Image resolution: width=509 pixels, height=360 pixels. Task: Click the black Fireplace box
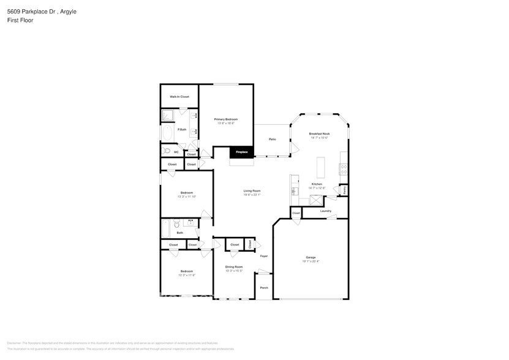[242, 152]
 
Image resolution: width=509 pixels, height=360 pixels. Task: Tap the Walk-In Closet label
[179, 97]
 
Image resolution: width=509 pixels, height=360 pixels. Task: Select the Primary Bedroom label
[225, 119]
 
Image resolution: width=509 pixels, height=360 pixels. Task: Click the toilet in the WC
[165, 151]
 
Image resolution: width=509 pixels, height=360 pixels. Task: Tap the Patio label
[272, 140]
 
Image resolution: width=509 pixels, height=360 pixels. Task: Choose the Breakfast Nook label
[319, 133]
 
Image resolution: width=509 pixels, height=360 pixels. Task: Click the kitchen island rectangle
[320, 167]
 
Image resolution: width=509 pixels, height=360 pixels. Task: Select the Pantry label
[344, 190]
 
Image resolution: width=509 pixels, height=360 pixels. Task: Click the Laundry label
[325, 211]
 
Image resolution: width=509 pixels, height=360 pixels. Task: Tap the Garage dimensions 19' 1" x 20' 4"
[311, 261]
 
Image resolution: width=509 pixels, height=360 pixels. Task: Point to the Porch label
[264, 288]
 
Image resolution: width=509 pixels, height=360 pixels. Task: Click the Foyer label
[264, 256]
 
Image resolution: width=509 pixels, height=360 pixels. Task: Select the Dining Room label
[234, 267]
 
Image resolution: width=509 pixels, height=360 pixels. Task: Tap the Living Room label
[252, 191]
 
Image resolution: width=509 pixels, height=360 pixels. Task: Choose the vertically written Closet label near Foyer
[250, 244]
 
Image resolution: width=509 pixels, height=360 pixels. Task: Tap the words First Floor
[21, 20]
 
